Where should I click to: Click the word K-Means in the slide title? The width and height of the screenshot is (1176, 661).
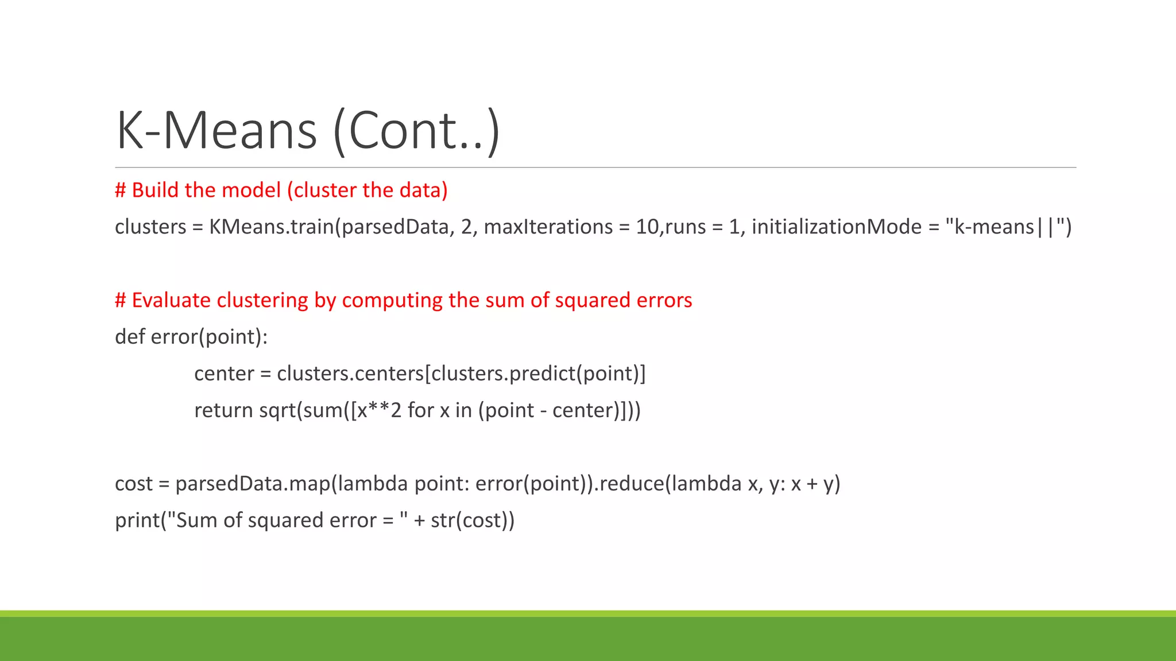[216, 131]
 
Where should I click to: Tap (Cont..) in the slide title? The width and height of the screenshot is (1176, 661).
[416, 131]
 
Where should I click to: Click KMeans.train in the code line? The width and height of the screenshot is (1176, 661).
[271, 227]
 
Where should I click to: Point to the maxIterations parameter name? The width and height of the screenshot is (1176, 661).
[548, 227]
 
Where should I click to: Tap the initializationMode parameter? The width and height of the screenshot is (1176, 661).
[837, 227]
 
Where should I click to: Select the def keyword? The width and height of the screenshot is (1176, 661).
[130, 337]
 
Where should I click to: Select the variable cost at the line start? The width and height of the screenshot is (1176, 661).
[133, 484]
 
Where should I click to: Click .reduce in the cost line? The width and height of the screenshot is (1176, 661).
[628, 484]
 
